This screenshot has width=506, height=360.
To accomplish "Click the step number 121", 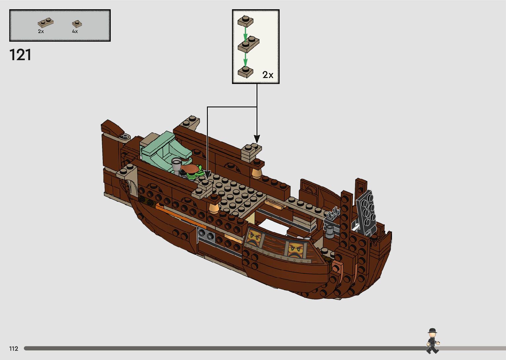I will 20,55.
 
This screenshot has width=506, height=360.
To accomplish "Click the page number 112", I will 14,348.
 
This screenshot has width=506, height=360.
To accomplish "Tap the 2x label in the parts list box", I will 41,31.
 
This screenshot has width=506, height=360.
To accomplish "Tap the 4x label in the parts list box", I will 75,31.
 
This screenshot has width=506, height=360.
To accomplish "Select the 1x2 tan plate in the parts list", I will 46,23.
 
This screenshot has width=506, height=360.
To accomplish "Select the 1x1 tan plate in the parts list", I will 77,24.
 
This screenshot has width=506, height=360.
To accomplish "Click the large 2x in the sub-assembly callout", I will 268,75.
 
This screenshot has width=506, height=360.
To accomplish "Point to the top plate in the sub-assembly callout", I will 246,21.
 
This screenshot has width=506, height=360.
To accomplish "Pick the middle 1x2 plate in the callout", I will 249,44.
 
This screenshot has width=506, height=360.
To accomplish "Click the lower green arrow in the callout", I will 245,60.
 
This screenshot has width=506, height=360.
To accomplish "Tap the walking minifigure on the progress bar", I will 432,341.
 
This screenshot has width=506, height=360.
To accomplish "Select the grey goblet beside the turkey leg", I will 177,163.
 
